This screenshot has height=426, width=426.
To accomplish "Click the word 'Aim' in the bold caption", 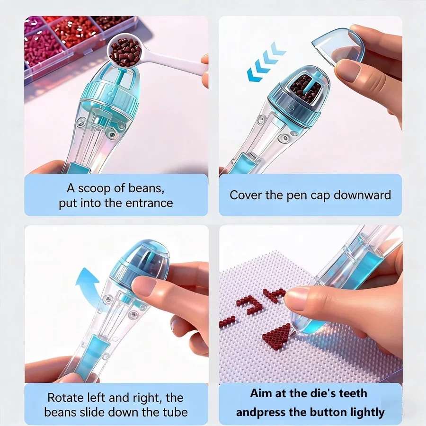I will pyautogui.click(x=262, y=393).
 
